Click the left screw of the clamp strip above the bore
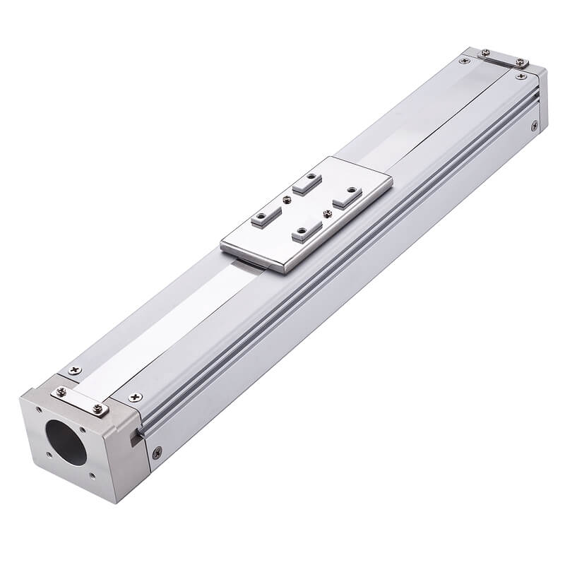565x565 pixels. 61,392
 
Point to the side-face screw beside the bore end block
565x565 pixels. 157,452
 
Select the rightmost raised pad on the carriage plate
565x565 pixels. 347,196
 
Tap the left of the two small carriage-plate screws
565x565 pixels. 287,200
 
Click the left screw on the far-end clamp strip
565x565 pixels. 485,53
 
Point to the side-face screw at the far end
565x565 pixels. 535,126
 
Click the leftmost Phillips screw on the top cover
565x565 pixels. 73,371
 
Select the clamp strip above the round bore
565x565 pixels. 79,400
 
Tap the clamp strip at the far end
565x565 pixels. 502,58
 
